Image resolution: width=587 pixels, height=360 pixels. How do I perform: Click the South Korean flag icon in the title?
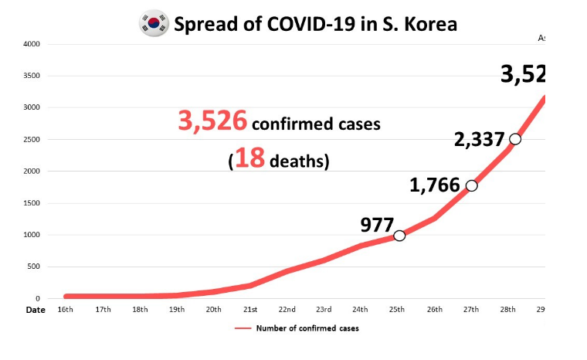pos(154,24)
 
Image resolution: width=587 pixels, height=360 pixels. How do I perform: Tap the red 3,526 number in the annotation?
pos(212,121)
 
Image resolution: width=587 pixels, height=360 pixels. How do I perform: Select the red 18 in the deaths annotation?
pos(249,158)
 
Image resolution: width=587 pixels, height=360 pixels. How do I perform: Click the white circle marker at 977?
pos(399,236)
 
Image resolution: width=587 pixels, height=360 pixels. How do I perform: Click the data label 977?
pos(376,225)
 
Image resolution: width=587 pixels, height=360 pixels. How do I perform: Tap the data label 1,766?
pos(435,185)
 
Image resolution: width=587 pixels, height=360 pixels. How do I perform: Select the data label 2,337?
pos(479,140)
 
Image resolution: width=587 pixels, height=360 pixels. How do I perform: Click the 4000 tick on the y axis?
pos(31,44)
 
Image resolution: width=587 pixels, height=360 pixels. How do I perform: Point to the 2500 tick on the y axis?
pos(31,140)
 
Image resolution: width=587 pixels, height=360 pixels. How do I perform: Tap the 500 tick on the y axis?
pos(33,267)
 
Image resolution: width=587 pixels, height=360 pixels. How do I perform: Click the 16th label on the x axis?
pos(66,310)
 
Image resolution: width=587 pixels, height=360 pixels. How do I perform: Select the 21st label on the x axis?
pos(250,310)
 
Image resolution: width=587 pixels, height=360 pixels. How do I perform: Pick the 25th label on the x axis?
pos(398,310)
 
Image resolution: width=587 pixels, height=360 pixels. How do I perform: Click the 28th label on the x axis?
pos(508,310)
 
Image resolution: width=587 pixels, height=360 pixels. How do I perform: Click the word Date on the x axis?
pos(36,310)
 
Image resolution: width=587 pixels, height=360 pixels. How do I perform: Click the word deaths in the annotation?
pos(298,161)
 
